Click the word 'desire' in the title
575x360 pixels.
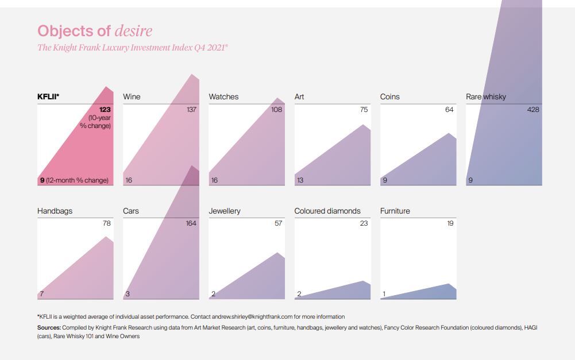click(x=133, y=31)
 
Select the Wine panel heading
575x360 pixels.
click(x=132, y=96)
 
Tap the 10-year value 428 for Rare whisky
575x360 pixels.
click(x=533, y=109)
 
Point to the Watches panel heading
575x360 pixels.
click(x=223, y=96)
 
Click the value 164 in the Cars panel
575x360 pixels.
click(x=191, y=223)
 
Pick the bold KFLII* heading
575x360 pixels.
click(x=48, y=96)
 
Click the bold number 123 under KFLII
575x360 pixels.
click(x=105, y=109)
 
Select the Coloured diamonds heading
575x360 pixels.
click(x=327, y=211)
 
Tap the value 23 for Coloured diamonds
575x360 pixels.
click(x=364, y=223)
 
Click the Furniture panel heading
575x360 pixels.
click(x=395, y=211)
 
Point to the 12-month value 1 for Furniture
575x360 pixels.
click(x=384, y=295)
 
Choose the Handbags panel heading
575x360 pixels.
click(x=55, y=211)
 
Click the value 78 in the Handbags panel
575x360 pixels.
click(x=106, y=223)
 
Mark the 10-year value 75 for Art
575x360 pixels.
click(x=364, y=109)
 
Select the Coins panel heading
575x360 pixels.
click(x=390, y=96)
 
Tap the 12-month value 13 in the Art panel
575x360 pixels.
click(x=300, y=180)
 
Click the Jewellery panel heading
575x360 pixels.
click(x=225, y=211)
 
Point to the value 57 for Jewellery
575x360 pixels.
click(x=278, y=223)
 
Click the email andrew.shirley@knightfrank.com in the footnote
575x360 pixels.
click(x=261, y=316)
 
